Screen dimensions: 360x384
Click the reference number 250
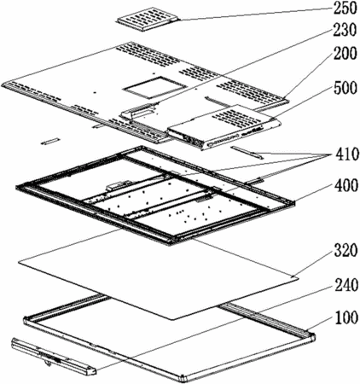345,9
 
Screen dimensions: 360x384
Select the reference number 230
345,30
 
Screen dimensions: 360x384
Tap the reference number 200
345,54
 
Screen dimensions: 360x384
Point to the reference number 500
345,88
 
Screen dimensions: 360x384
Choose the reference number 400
345,185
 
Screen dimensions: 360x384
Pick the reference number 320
345,251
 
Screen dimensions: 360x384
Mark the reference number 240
345,285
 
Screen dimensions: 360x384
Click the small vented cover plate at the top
148,19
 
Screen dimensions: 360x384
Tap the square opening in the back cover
154,88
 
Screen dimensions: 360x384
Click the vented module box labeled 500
224,126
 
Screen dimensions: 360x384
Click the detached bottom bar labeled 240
53,357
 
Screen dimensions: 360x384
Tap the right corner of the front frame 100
311,336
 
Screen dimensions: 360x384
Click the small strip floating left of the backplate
50,141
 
